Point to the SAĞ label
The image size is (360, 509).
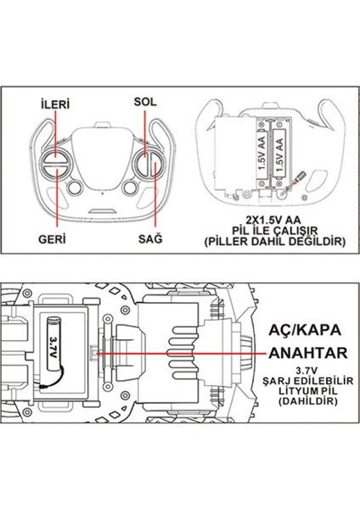(x=150, y=240)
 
